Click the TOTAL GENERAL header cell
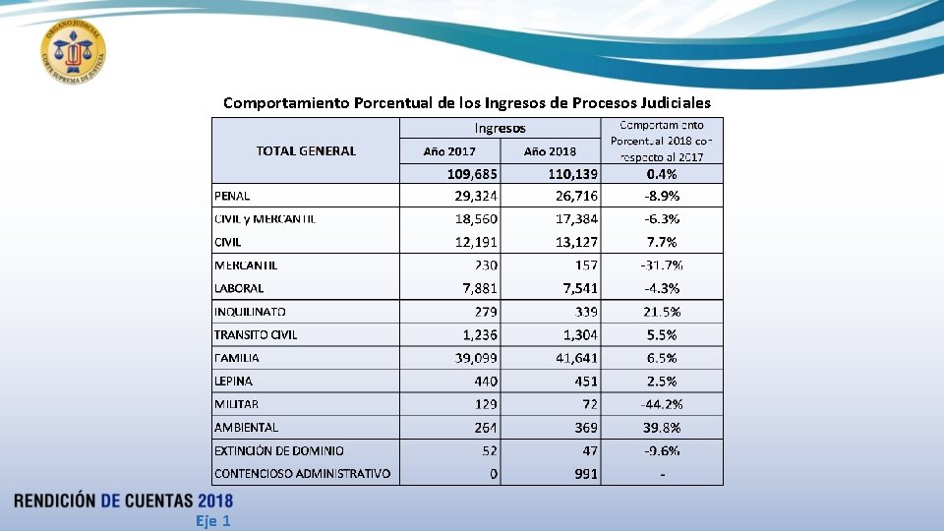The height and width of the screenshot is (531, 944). click(306, 150)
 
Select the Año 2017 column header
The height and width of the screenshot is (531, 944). click(449, 151)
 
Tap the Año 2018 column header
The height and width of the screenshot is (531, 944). click(550, 151)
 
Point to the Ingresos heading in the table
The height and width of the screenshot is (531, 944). click(501, 128)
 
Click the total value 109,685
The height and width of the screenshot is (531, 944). click(472, 173)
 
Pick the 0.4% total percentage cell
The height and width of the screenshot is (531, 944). click(662, 173)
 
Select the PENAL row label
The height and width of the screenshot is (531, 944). click(233, 196)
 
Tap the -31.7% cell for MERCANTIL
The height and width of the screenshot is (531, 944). click(662, 265)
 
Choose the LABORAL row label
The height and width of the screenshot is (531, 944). click(239, 288)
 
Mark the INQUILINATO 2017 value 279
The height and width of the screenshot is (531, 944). click(486, 312)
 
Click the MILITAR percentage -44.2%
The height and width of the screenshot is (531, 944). click(662, 404)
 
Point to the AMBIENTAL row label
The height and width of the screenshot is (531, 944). click(246, 427)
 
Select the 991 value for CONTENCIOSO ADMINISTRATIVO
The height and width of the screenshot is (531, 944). click(586, 474)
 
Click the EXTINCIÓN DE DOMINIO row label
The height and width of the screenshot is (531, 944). click(279, 450)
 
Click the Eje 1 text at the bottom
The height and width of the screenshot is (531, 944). click(212, 521)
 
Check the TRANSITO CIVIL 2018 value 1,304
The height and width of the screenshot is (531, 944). click(577, 334)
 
